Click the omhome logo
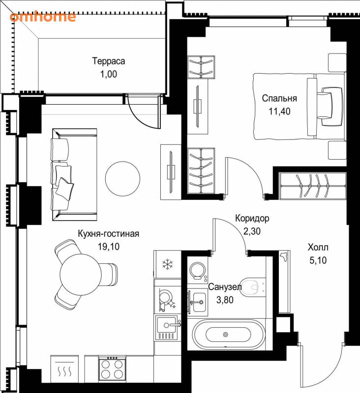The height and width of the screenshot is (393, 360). coord(43,17)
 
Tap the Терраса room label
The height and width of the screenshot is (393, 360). coord(109,61)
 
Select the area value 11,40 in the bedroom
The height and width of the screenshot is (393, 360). coord(279,111)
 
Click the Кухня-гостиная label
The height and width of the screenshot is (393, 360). coord(108,234)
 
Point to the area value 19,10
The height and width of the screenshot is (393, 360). coord(108,247)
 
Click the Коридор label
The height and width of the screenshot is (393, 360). coord(252,218)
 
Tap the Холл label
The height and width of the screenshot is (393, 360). coord(318,248)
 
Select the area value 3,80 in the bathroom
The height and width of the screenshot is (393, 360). coord(225,300)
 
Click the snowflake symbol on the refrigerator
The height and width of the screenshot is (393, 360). coord(167,264)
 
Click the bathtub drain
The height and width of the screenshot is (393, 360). coord(225,334)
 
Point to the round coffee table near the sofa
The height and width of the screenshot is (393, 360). coord(122,179)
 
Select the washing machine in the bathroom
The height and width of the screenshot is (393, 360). coord(198,271)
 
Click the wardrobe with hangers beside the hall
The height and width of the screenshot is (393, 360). coord(313,186)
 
